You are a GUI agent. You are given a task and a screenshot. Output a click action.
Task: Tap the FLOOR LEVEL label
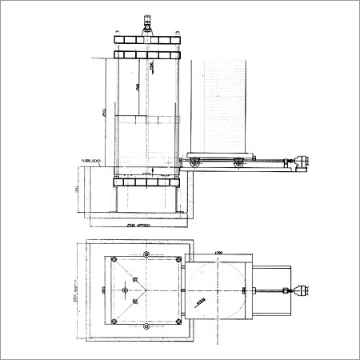coord(90,159)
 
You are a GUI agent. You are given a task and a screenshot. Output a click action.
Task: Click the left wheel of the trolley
coord(195,165)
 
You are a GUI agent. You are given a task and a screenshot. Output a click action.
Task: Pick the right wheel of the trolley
coord(238,165)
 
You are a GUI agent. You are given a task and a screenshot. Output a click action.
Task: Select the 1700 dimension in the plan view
coord(218,254)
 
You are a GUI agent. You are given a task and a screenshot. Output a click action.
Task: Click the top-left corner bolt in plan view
coord(115,258)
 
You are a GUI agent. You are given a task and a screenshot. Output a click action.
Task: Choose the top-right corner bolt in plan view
coord(176,258)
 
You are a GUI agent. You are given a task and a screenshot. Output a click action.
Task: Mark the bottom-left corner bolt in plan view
coord(115,322)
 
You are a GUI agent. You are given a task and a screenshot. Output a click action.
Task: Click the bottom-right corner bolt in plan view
coord(176,322)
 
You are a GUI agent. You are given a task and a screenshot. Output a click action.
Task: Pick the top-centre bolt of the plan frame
coord(146,254)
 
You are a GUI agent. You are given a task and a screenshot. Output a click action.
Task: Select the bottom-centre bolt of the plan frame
coord(146,326)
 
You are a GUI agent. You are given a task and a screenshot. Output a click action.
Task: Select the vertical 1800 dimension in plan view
coord(102,290)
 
